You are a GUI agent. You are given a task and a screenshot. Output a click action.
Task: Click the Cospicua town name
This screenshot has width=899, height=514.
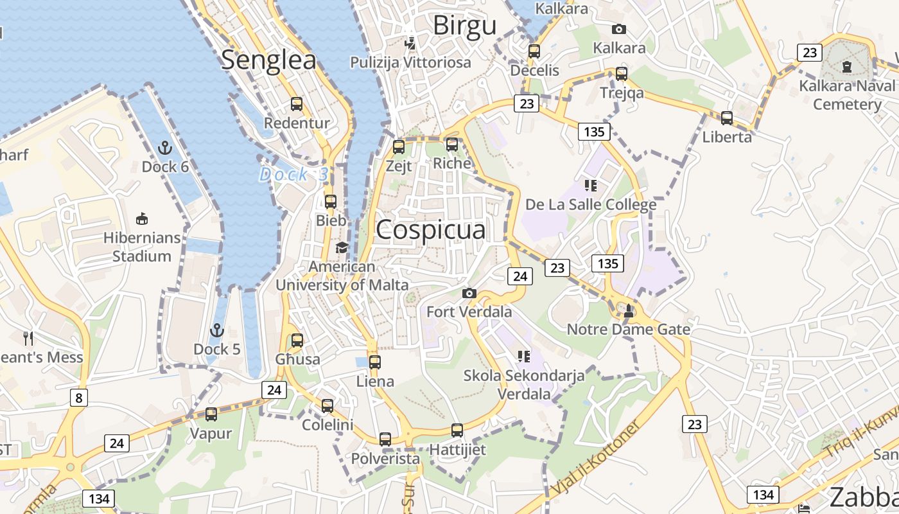click(x=430, y=230)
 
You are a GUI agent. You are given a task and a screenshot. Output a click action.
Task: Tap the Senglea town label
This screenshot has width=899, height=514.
click(x=268, y=60)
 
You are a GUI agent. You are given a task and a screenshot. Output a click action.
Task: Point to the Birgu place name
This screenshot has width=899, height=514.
click(x=464, y=26)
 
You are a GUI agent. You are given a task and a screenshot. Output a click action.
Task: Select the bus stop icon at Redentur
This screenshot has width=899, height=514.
click(x=296, y=103)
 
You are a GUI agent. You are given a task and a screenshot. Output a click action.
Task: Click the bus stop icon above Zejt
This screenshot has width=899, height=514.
click(x=399, y=146)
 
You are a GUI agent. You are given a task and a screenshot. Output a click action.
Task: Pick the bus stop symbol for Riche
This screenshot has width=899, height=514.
click(x=452, y=145)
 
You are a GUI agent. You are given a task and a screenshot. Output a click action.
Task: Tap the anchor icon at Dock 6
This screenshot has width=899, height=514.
click(x=165, y=148)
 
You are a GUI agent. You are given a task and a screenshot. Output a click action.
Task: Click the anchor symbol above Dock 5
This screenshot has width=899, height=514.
click(x=217, y=330)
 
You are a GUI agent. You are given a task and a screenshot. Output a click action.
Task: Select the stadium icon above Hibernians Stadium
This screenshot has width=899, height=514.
click(x=142, y=218)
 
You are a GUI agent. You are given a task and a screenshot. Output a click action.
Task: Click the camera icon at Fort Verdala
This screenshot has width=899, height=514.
click(x=469, y=293)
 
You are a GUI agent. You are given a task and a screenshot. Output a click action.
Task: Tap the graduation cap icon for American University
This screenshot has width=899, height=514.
click(x=342, y=247)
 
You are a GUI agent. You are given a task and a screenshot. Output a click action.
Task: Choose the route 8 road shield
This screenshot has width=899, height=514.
click(x=78, y=398)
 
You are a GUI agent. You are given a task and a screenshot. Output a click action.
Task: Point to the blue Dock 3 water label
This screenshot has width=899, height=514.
click(x=293, y=174)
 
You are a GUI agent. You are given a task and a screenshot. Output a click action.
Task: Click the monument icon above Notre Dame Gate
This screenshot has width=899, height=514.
click(x=628, y=311)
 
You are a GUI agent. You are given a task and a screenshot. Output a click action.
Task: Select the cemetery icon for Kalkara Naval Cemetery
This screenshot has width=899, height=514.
click(x=846, y=66)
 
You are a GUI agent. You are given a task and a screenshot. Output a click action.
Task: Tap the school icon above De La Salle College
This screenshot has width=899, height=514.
click(x=591, y=186)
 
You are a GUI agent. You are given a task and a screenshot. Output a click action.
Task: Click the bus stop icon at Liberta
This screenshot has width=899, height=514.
click(x=726, y=118)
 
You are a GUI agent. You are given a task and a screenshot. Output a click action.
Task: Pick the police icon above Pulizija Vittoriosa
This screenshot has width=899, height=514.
click(x=410, y=44)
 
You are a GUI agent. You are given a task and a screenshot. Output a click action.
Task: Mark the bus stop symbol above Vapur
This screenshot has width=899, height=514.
click(x=211, y=414)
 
